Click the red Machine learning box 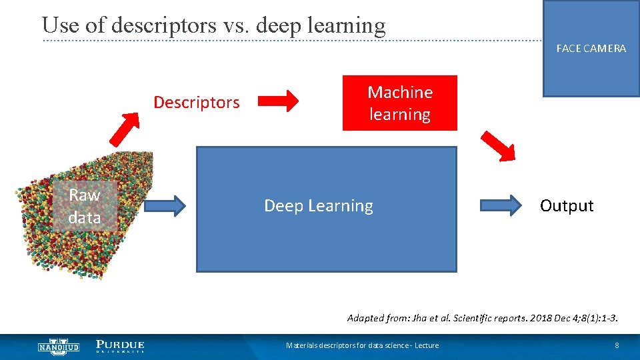point(400,103)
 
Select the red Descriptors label point(196,103)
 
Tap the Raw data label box point(85,206)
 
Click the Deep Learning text point(319,206)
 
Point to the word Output point(566,206)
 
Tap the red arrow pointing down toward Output point(499,146)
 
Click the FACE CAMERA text point(591,49)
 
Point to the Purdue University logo point(120,346)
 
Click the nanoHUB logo point(58,346)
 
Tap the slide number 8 point(617,345)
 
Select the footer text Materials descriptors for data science point(362,345)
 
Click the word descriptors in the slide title point(164,25)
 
